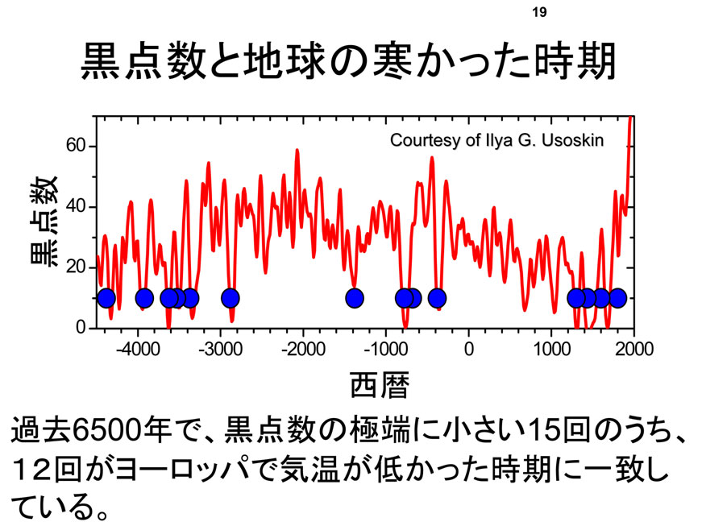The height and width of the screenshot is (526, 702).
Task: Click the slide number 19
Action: [x=539, y=12]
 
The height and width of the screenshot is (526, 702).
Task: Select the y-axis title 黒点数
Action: [x=44, y=221]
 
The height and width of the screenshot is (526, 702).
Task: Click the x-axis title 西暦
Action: [x=379, y=384]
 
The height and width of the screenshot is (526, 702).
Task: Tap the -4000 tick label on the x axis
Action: [x=138, y=349]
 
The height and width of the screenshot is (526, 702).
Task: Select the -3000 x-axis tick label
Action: [x=220, y=349]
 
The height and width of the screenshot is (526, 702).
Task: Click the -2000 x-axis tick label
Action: [x=303, y=349]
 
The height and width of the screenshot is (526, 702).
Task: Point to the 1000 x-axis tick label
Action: [x=551, y=349]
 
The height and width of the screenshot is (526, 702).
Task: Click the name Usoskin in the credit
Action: [x=572, y=140]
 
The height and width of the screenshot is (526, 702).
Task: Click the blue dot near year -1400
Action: [x=355, y=298]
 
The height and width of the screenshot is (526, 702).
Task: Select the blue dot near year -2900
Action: [x=231, y=298]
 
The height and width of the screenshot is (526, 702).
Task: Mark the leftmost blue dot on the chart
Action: [x=106, y=298]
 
